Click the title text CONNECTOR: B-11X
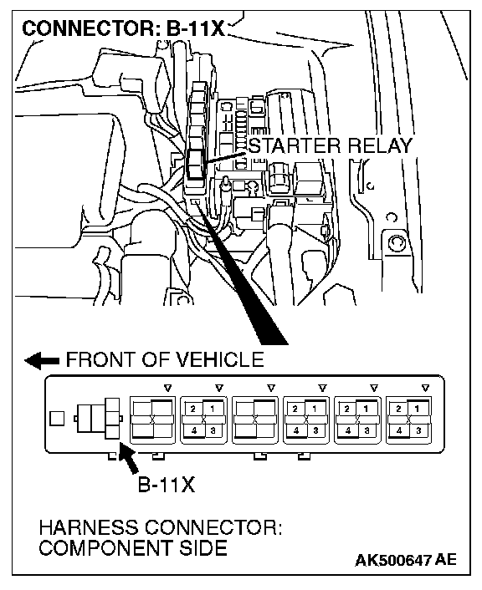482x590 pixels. (123, 28)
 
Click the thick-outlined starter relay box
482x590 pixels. (195, 164)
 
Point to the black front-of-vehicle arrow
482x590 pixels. (42, 360)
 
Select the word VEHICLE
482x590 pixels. (220, 359)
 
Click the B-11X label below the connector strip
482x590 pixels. (167, 485)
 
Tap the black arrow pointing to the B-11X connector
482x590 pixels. (128, 457)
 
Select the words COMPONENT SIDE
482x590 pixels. (133, 548)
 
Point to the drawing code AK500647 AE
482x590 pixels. (406, 560)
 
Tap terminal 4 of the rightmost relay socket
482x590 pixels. (398, 430)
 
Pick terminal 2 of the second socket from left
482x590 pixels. (193, 409)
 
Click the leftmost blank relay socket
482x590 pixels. (152, 420)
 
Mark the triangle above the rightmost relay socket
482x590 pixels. (426, 388)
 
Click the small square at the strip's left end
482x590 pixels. (57, 419)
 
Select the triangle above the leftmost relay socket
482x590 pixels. (168, 388)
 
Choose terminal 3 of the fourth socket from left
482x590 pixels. (315, 430)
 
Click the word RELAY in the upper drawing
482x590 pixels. (380, 145)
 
